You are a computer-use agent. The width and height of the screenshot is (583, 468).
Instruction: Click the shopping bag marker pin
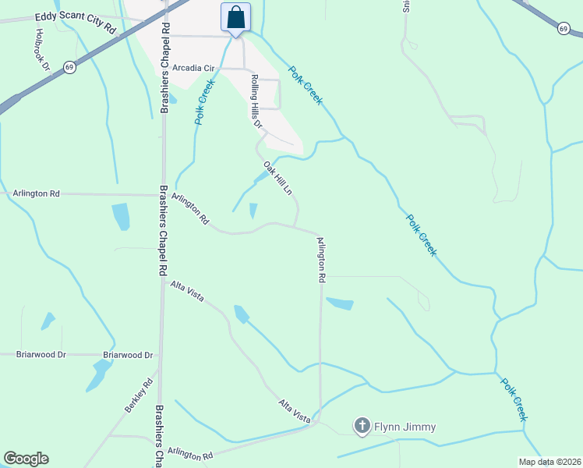[x=235, y=17]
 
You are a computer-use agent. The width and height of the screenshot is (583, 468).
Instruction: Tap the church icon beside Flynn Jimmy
[x=362, y=426]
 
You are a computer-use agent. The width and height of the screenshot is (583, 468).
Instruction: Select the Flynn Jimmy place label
[x=404, y=427]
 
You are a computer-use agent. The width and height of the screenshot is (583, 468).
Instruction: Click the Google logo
[x=26, y=459]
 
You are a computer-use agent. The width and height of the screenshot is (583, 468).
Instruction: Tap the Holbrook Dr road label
[x=43, y=50]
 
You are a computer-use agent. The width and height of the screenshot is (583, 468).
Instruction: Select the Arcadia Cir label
[x=193, y=68]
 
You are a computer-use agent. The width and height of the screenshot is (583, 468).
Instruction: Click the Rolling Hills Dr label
[x=255, y=101]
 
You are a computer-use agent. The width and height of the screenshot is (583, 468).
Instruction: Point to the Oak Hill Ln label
[x=277, y=179]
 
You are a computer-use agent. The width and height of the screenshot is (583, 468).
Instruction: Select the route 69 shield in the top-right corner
[x=564, y=29]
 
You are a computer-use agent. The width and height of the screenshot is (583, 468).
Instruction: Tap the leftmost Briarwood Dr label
[x=41, y=354]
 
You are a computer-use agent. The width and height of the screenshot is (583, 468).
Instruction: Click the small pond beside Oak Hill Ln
[x=253, y=211]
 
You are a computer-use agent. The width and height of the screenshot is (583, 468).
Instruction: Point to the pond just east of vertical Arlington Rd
[x=340, y=303]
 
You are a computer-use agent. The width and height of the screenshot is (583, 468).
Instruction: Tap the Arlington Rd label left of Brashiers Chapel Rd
[x=37, y=193]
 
